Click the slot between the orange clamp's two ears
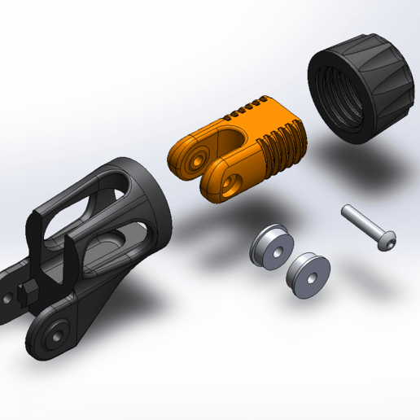point(217,155)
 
